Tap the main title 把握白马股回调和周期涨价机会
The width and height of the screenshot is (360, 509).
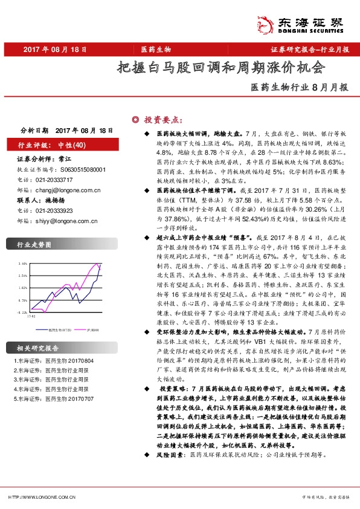point(220,66)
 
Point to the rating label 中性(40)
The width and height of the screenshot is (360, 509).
point(72,145)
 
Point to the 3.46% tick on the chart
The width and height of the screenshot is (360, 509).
point(23,264)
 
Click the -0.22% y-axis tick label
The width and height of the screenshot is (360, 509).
point(23,313)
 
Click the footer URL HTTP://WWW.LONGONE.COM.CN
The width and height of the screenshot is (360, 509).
point(41,498)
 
